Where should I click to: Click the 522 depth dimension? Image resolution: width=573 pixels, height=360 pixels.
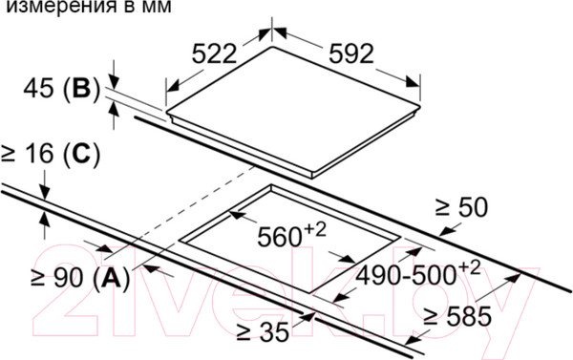(215, 53)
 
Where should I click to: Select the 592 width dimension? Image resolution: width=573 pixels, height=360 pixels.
(351, 53)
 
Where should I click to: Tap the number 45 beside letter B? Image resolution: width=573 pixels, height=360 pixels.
(39, 88)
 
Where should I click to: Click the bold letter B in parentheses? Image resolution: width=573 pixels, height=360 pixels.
(81, 88)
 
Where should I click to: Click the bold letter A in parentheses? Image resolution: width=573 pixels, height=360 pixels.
(112, 278)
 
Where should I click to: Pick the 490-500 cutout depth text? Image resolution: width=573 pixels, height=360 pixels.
(406, 275)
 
